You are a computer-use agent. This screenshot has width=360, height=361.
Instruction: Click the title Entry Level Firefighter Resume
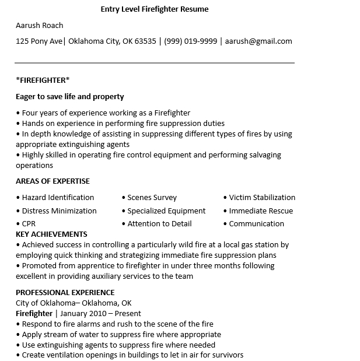click(154, 9)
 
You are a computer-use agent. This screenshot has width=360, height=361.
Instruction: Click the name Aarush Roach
click(40, 26)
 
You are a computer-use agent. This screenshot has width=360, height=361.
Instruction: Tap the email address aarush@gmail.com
click(258, 41)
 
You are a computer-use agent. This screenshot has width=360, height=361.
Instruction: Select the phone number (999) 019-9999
click(190, 41)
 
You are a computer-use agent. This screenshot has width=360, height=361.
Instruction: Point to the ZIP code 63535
click(146, 41)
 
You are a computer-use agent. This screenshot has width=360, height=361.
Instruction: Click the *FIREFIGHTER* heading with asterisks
click(43, 80)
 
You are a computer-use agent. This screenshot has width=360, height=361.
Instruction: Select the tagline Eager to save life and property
click(70, 97)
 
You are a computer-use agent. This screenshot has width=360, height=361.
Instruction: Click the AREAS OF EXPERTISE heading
click(53, 181)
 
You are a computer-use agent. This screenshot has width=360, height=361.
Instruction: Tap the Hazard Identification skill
click(58, 198)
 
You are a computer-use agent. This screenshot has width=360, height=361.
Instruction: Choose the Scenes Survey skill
click(152, 198)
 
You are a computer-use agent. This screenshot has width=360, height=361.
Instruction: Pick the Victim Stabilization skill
click(262, 198)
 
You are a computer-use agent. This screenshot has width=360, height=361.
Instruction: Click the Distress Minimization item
click(59, 211)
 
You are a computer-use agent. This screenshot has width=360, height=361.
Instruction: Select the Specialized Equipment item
click(166, 211)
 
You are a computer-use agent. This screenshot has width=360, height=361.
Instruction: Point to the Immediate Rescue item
click(261, 211)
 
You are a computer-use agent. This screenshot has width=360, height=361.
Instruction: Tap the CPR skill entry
click(29, 224)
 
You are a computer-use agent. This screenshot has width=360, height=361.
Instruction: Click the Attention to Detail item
click(159, 224)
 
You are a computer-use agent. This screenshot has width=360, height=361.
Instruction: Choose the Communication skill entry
click(256, 224)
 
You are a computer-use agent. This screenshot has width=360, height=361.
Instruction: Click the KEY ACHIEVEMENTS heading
click(51, 234)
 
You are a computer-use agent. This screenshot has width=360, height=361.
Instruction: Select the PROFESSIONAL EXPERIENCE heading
click(65, 293)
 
